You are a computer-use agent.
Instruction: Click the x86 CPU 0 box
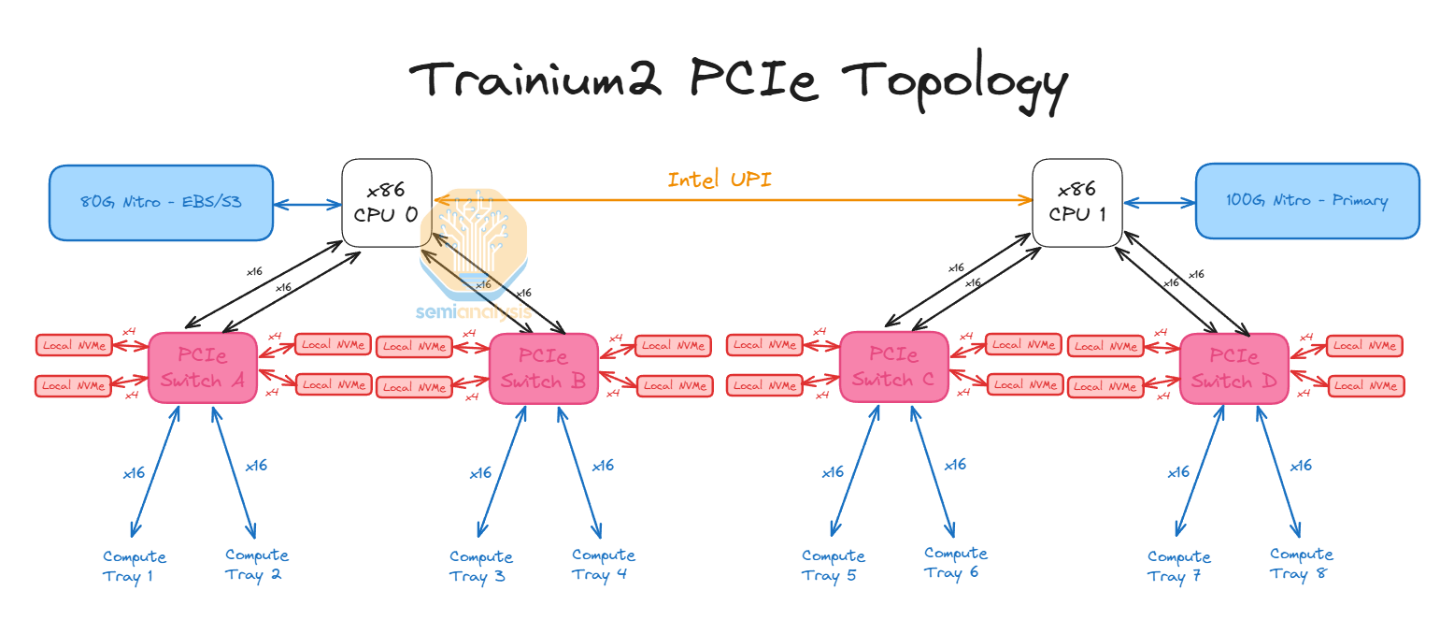click(387, 203)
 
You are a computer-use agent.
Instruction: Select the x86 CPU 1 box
click(1076, 203)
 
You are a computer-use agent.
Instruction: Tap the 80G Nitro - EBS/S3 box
click(161, 202)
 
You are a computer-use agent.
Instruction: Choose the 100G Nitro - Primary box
click(1306, 201)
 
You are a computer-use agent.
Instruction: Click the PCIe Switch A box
click(203, 367)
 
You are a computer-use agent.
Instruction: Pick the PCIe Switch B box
click(544, 368)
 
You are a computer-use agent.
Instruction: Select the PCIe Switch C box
click(894, 367)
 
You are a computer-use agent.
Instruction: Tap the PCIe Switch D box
click(1234, 368)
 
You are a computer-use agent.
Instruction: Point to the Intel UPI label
click(719, 180)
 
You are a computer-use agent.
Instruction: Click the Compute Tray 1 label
click(134, 567)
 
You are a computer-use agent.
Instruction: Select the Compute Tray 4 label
click(603, 565)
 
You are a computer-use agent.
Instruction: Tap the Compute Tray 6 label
click(955, 563)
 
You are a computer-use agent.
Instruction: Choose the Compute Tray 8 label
click(1301, 564)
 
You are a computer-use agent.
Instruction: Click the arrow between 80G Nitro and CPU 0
click(307, 202)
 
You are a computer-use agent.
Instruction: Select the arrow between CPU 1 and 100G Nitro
click(1159, 202)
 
